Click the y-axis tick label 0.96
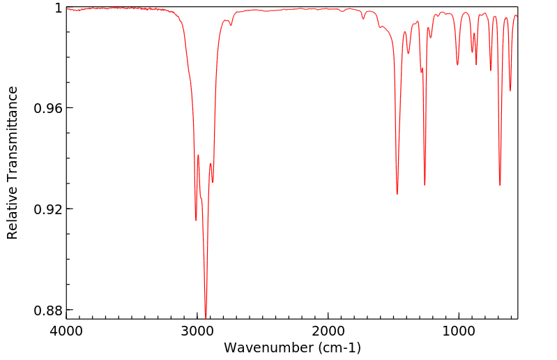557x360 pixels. coord(49,109)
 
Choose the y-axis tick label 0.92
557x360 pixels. coord(49,209)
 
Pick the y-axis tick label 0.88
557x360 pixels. coord(49,310)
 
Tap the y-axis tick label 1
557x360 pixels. coord(59,8)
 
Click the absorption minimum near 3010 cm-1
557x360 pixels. coord(196,220)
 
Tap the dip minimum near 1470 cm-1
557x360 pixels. coord(397,194)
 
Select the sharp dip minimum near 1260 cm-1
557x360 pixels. coord(425,185)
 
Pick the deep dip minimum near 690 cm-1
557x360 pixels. coord(500,185)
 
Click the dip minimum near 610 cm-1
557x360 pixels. coord(510,91)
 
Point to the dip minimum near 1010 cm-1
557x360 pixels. coord(457,65)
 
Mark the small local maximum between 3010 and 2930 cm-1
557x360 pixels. coord(198,155)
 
